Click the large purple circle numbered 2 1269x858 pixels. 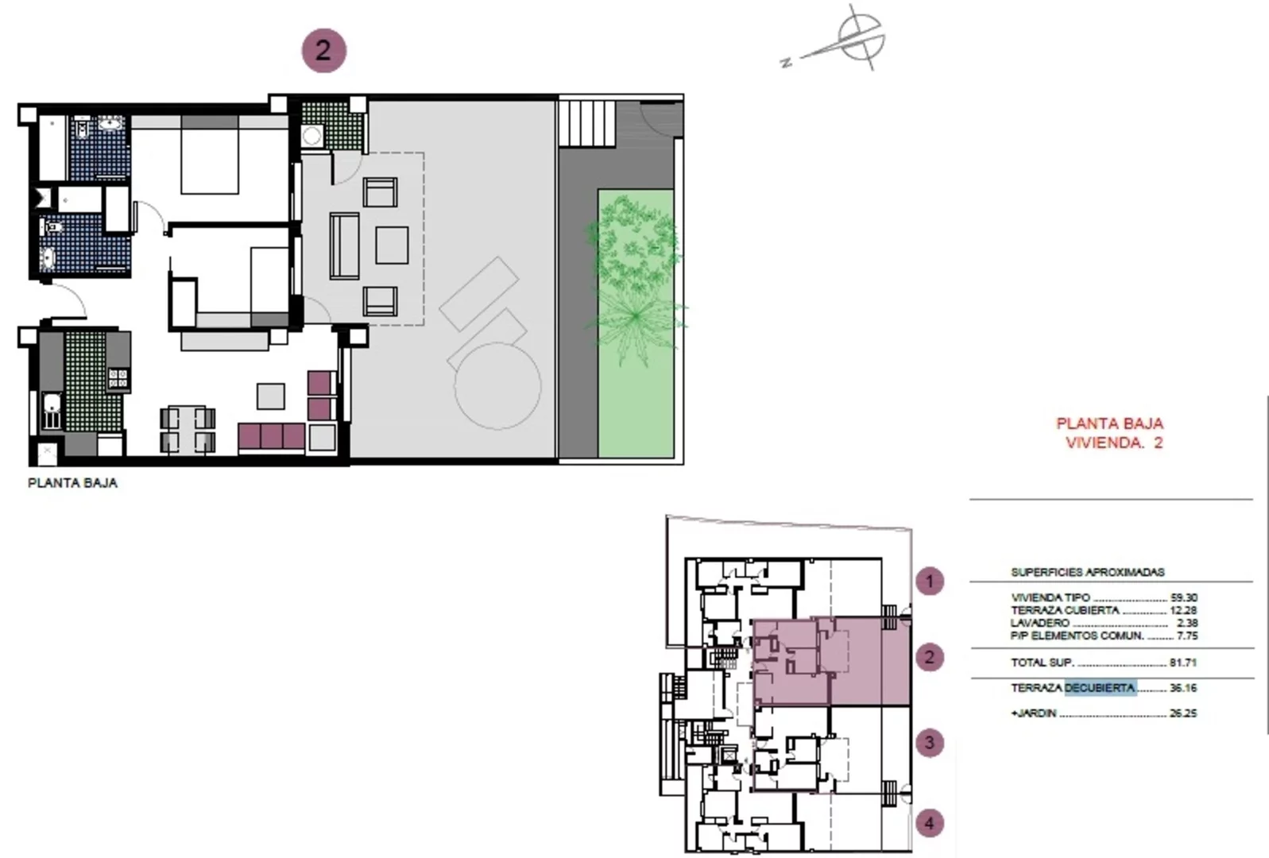point(323,51)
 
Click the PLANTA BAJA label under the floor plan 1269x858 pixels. point(72,483)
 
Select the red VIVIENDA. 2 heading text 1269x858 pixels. point(1114,443)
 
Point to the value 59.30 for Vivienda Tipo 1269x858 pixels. point(1183,597)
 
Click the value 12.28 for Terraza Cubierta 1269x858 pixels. point(1183,610)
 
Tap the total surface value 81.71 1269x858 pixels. point(1183,662)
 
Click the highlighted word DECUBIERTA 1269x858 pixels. point(1101,687)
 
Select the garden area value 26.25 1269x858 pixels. point(1183,713)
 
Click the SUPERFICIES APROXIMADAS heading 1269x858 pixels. point(1088,572)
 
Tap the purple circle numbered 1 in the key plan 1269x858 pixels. point(930,581)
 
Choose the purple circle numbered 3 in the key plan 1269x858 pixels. point(930,743)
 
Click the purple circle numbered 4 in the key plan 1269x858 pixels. point(930,823)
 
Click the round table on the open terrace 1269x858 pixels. point(497,385)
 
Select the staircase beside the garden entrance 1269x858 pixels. point(587,123)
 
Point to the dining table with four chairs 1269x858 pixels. point(188,429)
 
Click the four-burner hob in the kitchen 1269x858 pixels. point(118,378)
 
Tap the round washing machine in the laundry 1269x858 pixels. point(311,136)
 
